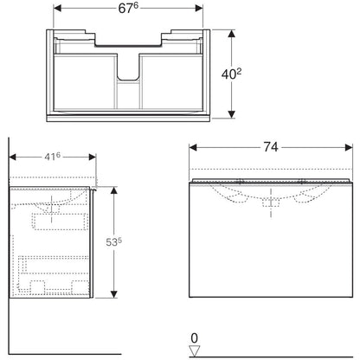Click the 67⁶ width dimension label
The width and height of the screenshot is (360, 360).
pyautogui.click(x=128, y=9)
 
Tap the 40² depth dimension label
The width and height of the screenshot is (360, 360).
pyautogui.click(x=231, y=74)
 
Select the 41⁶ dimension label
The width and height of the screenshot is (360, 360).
pyautogui.click(x=52, y=157)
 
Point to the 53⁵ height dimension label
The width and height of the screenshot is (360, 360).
pyautogui.click(x=113, y=242)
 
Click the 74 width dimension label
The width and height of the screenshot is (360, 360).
pyautogui.click(x=271, y=147)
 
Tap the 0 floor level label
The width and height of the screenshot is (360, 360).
pyautogui.click(x=195, y=338)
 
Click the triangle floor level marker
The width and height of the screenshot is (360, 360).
pyautogui.click(x=195, y=351)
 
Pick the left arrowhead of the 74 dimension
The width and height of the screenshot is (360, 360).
pyautogui.click(x=193, y=148)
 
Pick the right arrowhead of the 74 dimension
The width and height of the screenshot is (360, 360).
pyautogui.click(x=349, y=148)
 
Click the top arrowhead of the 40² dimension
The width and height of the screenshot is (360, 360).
pyautogui.click(x=231, y=34)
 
